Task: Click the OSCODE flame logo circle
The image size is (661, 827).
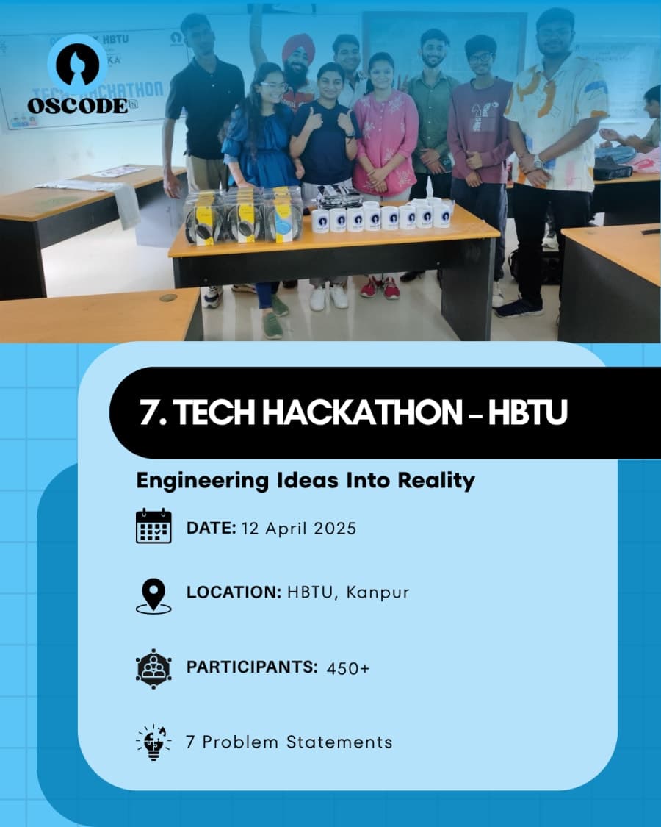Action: coord(78,65)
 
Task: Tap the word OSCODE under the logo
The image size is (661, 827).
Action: coord(78,106)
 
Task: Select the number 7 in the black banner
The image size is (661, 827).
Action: coord(148,414)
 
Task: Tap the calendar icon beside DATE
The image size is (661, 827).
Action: coord(153,526)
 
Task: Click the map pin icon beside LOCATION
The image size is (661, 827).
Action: coord(153,595)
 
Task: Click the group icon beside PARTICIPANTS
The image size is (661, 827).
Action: coord(153,667)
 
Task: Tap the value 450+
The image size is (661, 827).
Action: coord(348,668)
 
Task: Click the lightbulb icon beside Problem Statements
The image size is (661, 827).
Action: coord(153,742)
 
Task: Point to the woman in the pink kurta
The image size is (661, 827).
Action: coord(384,140)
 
